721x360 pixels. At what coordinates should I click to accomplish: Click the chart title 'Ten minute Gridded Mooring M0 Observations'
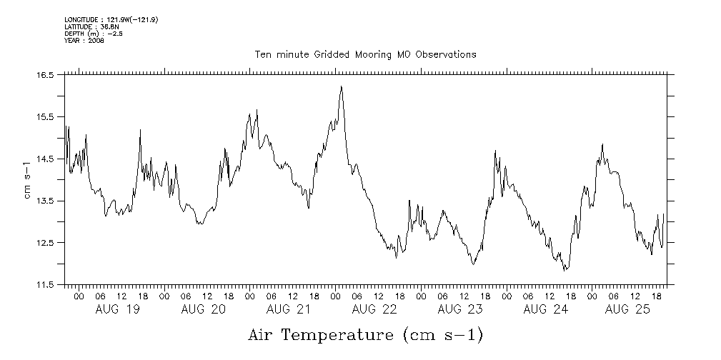[x=365, y=54]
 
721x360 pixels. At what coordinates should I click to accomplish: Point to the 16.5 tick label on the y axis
[x=46, y=74]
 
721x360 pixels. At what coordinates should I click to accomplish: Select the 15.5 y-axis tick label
[x=46, y=116]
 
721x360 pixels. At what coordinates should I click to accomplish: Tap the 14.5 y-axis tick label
[x=46, y=159]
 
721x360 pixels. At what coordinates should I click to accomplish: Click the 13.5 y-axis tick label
[x=46, y=201]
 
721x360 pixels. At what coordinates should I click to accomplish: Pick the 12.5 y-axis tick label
[x=46, y=243]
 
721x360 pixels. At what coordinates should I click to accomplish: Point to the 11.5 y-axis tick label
[x=46, y=285]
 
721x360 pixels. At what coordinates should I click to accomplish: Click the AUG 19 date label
[x=119, y=309]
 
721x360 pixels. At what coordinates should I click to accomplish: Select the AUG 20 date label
[x=204, y=309]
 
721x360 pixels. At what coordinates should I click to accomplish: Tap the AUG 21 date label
[x=289, y=309]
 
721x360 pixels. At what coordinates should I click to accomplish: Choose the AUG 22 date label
[x=374, y=309]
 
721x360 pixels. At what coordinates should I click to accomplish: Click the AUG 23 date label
[x=459, y=309]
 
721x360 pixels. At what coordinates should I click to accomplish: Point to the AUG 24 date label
[x=545, y=309]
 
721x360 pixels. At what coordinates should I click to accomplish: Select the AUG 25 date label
[x=627, y=309]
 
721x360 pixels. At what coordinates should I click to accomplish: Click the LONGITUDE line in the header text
[x=111, y=19]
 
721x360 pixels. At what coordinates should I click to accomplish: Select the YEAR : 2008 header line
[x=84, y=41]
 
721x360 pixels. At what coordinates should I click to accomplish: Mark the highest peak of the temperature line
[x=341, y=86]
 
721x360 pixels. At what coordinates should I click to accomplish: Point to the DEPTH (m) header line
[x=93, y=34]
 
